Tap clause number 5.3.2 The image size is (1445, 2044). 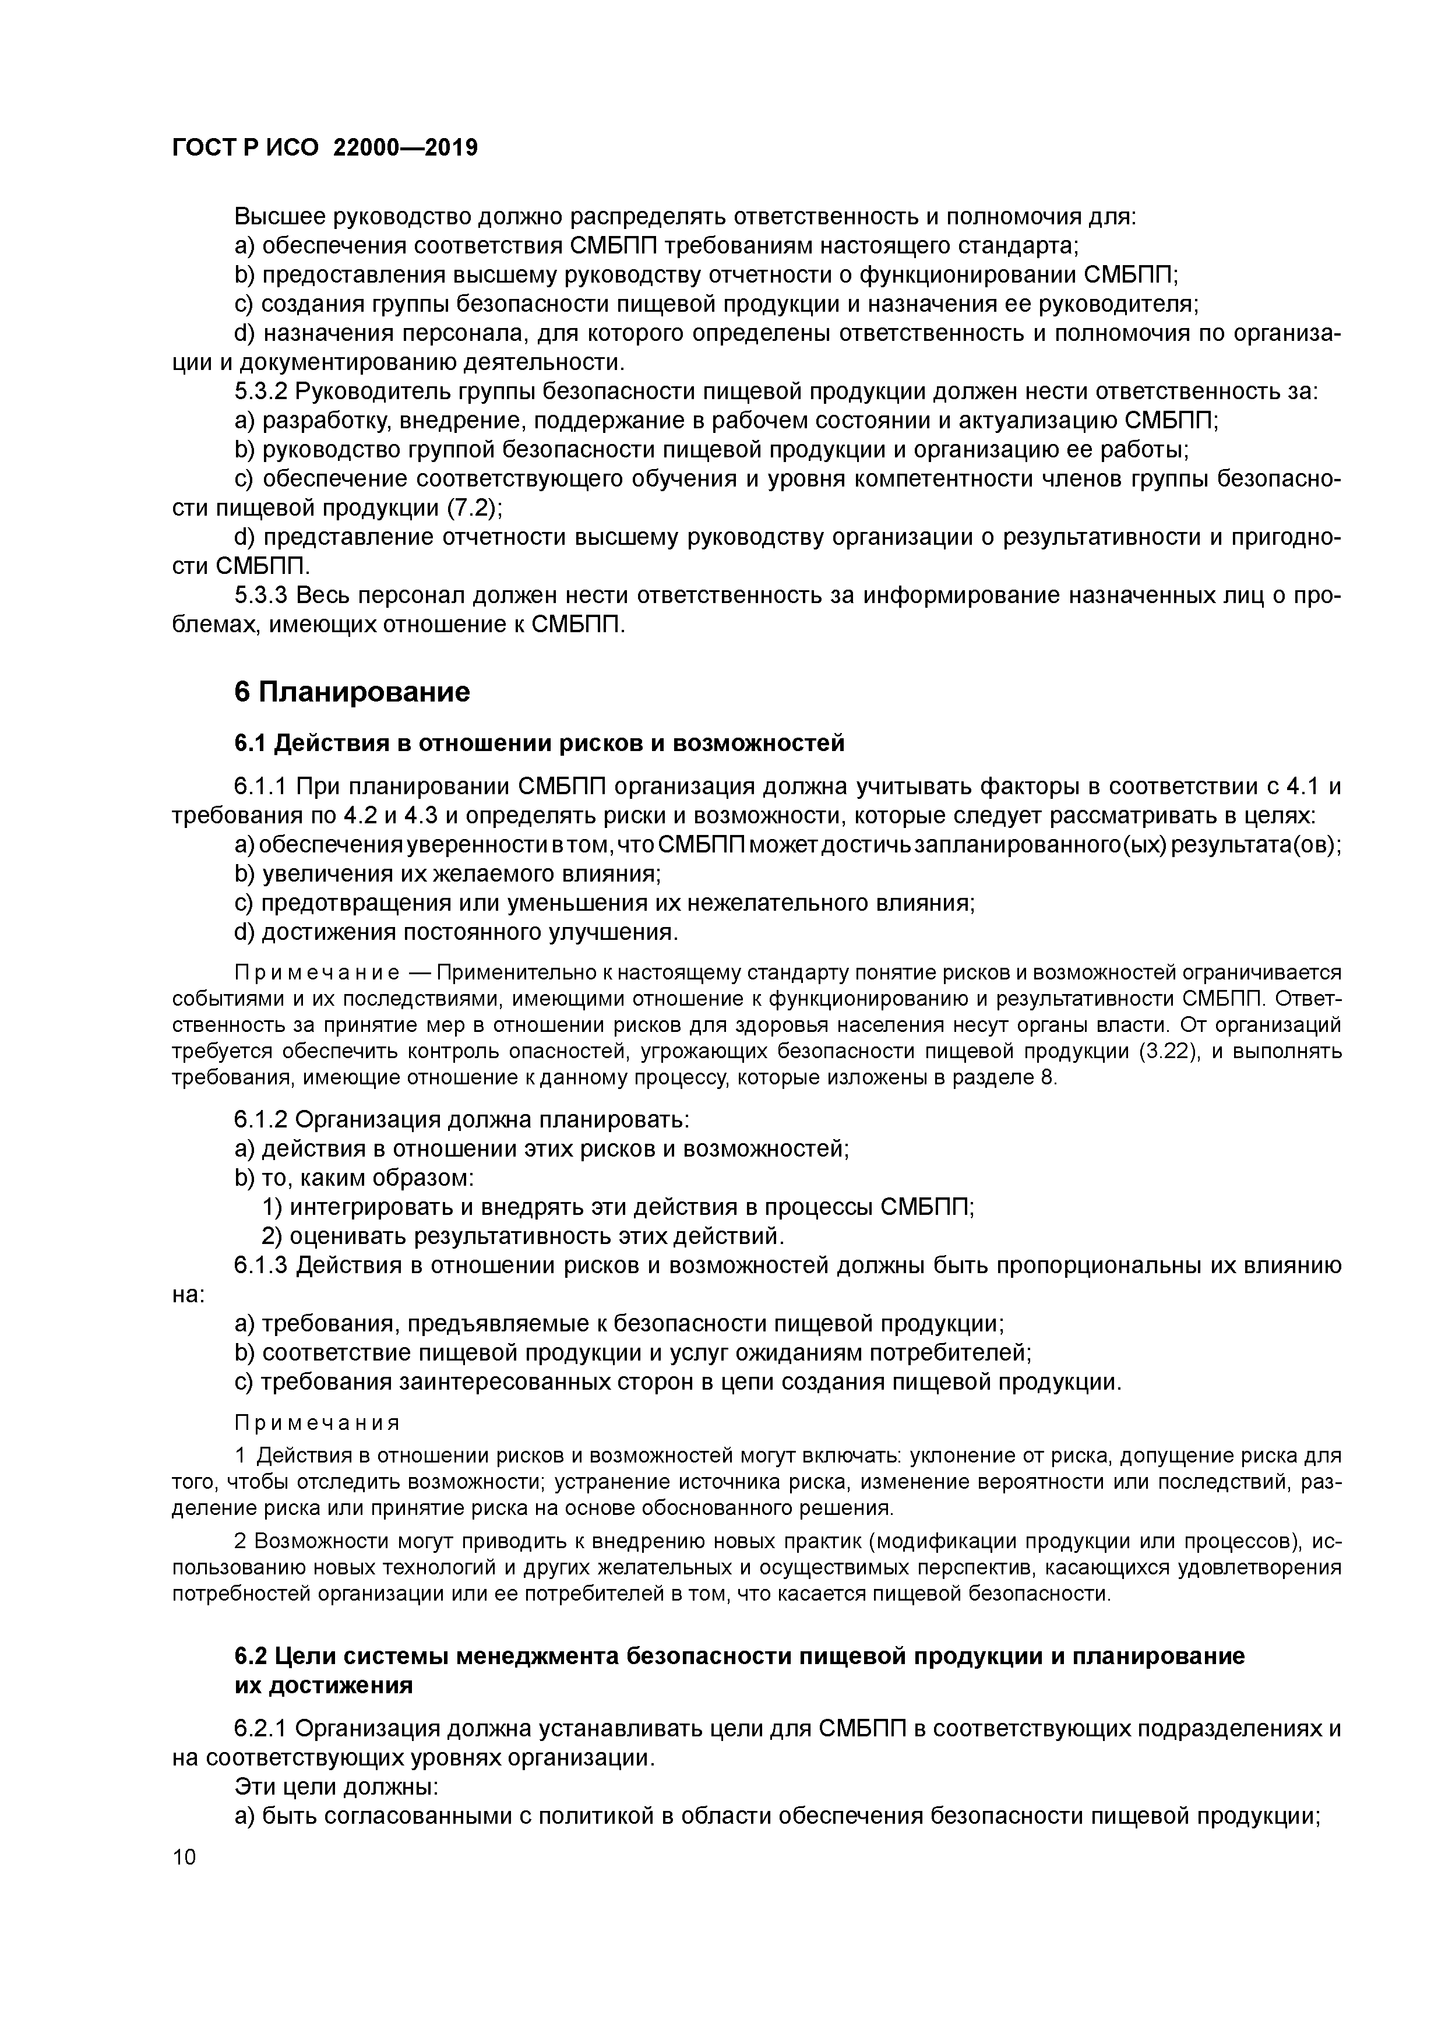click(x=261, y=392)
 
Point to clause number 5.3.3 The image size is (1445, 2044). click(x=261, y=595)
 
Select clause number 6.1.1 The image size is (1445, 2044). click(x=261, y=787)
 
